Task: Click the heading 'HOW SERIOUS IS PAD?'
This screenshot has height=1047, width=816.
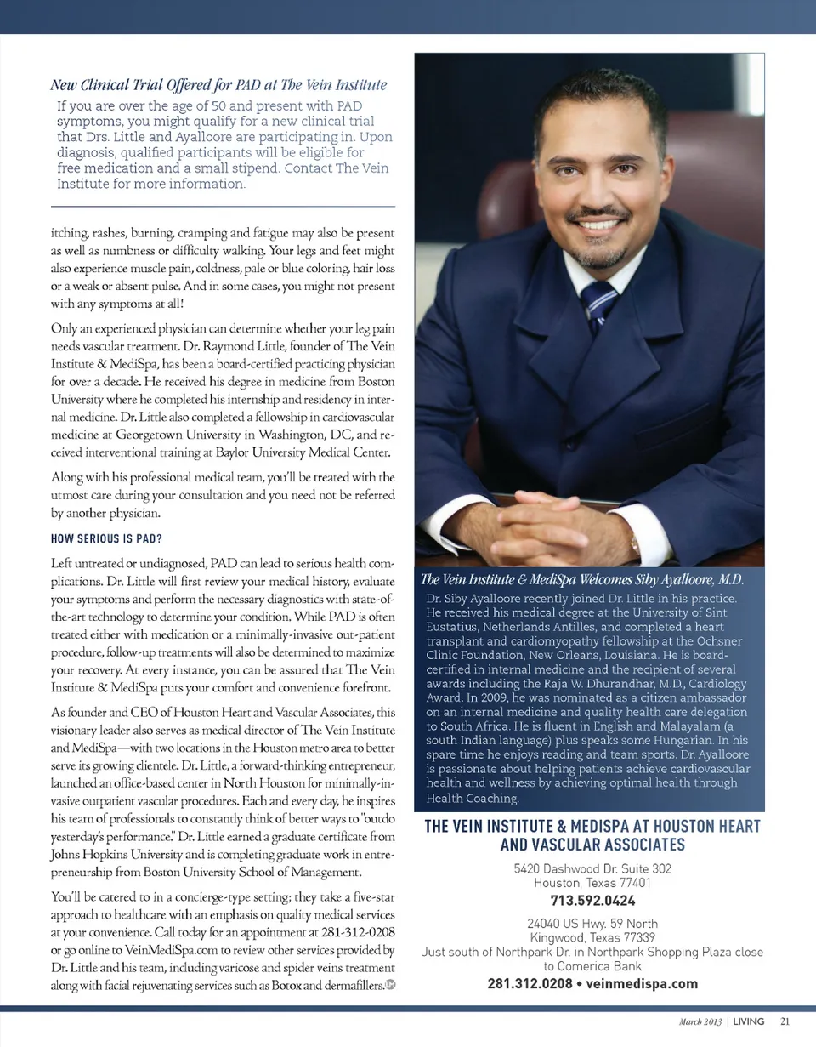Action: point(106,539)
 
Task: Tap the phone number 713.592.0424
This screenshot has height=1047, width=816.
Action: point(592,901)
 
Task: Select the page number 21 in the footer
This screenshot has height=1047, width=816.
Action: point(785,1021)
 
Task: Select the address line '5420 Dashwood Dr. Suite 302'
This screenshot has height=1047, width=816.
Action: point(592,868)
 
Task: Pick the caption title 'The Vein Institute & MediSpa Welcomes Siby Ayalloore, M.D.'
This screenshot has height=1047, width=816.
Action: point(583,580)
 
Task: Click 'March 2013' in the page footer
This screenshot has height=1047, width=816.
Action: point(700,1021)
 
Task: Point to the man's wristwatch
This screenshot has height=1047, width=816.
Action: point(635,542)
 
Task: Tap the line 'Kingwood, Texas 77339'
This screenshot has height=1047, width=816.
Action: point(592,937)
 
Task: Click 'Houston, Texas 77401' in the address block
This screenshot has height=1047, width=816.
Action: point(592,883)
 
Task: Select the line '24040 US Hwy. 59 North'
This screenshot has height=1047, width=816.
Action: point(592,923)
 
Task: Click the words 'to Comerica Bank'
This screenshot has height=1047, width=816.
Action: point(592,966)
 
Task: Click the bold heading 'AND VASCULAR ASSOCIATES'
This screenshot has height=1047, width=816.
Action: point(592,845)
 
